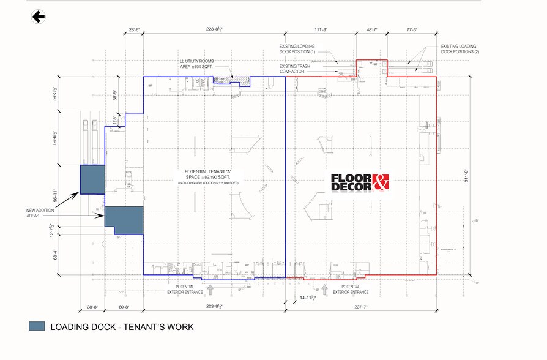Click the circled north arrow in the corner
[39, 17]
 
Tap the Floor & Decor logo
[360, 182]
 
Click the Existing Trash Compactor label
[296, 68]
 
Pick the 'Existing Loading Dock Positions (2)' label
[460, 50]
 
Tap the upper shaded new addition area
[92, 179]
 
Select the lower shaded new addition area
[125, 220]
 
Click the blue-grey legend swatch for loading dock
[37, 326]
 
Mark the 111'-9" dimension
[319, 29]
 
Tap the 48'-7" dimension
[372, 29]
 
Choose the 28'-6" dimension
[135, 29]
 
